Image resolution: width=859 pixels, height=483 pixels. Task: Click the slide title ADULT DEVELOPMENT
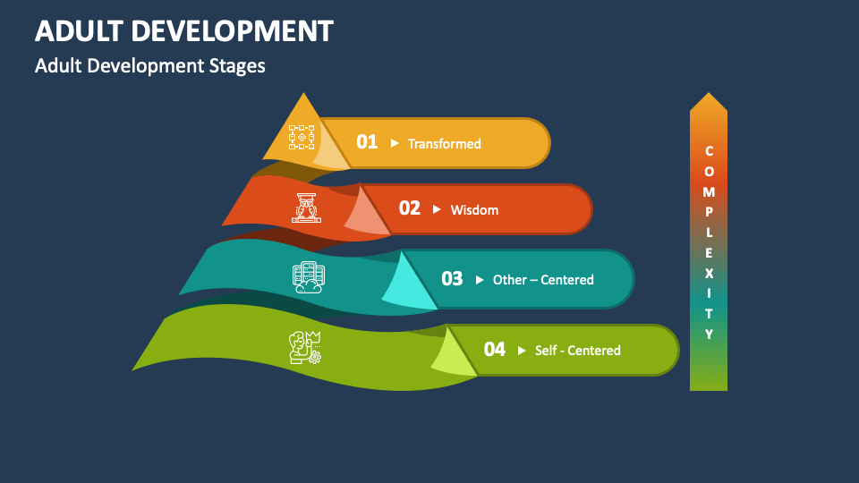(183, 30)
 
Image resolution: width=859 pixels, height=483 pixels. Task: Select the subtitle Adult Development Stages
(149, 66)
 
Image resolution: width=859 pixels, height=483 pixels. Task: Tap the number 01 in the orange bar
(367, 142)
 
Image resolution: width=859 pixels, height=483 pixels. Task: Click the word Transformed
(444, 143)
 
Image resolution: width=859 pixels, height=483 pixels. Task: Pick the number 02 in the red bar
(409, 208)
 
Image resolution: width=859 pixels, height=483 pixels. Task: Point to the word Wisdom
(474, 210)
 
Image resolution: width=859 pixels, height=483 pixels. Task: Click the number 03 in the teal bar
(452, 279)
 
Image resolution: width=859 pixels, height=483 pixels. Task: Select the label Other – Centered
(543, 280)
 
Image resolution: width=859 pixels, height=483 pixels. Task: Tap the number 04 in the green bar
(494, 350)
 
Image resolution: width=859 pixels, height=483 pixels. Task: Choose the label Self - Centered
(577, 351)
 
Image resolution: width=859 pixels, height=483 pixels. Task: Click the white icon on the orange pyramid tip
(302, 138)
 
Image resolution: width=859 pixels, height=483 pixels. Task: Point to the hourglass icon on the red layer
(307, 208)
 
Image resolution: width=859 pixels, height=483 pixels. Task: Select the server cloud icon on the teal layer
(308, 278)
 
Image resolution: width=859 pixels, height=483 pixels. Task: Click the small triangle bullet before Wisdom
(437, 209)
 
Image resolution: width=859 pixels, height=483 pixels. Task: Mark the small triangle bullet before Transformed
(395, 142)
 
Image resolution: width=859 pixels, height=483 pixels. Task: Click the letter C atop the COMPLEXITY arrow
(709, 151)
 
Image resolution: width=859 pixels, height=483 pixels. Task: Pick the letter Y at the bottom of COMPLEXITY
(709, 335)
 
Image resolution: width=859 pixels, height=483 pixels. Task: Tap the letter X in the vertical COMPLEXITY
(709, 273)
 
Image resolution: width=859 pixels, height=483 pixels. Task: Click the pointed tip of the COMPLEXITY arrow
(709, 95)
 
